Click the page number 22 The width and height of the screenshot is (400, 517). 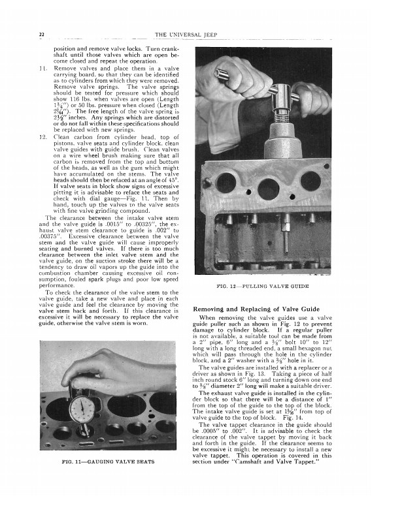pos(41,35)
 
